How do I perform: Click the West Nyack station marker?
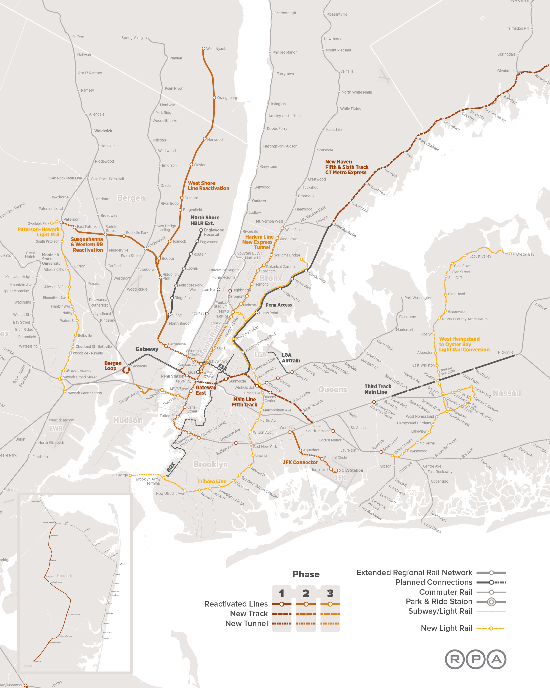(204, 48)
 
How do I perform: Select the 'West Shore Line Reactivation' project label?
(208, 186)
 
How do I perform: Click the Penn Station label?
(172, 376)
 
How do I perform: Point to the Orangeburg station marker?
(214, 98)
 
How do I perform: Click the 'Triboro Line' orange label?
(212, 481)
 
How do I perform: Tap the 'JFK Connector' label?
(300, 462)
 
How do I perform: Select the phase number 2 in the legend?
(306, 593)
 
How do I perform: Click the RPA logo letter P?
(475, 659)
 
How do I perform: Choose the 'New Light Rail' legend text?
(446, 628)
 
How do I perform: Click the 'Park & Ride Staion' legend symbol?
(491, 602)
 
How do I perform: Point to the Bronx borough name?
(271, 278)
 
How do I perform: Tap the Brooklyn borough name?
(210, 464)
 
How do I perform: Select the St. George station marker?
(130, 475)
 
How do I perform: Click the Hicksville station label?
(505, 352)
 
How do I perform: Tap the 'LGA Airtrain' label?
(290, 358)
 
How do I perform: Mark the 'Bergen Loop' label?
(112, 366)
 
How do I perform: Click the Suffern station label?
(78, 37)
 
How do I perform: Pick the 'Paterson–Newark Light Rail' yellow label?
(38, 232)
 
